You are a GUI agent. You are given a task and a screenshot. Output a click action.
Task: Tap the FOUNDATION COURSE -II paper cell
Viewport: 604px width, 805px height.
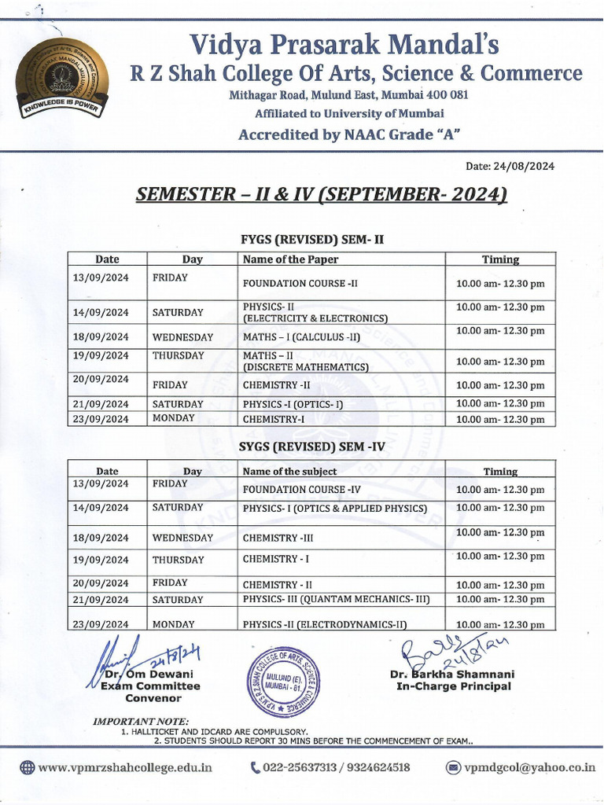point(300,283)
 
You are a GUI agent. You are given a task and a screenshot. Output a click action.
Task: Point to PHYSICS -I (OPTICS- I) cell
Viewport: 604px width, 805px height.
point(293,404)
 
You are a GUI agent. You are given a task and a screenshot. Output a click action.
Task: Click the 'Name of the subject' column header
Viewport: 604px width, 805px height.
point(290,472)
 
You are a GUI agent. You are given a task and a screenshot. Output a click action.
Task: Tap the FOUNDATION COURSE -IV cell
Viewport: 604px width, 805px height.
point(302,490)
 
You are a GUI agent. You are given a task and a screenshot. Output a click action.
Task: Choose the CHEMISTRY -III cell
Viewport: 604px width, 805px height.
point(271,539)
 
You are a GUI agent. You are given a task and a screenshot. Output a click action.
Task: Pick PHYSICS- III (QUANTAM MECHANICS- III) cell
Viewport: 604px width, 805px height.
point(337,600)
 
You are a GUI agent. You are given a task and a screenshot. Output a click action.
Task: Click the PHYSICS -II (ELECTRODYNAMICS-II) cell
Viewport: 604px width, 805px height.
point(325,625)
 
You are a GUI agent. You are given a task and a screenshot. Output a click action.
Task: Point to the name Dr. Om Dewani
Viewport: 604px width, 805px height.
point(150,675)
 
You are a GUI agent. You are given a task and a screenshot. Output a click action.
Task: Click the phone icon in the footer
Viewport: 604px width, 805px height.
point(255,767)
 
